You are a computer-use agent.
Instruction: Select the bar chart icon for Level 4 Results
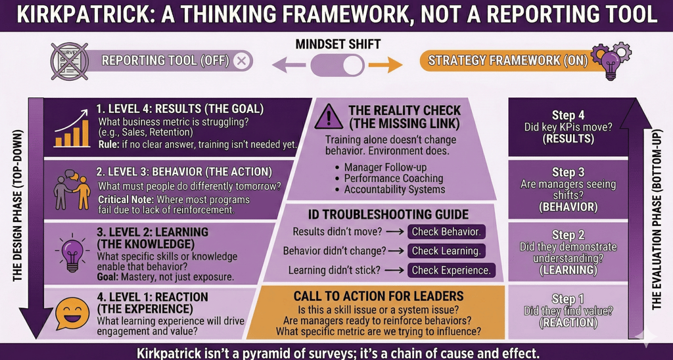click(x=72, y=129)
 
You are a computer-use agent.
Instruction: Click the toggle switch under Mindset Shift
click(x=336, y=64)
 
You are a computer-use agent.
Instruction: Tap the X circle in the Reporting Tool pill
click(x=242, y=62)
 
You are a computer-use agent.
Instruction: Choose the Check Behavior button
click(x=446, y=231)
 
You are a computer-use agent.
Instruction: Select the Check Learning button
click(x=446, y=250)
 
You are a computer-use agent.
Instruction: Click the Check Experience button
click(x=451, y=270)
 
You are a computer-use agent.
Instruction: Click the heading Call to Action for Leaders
click(x=379, y=296)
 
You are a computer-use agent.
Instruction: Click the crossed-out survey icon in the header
click(x=68, y=62)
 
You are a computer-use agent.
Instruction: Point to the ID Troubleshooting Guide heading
click(x=388, y=214)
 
